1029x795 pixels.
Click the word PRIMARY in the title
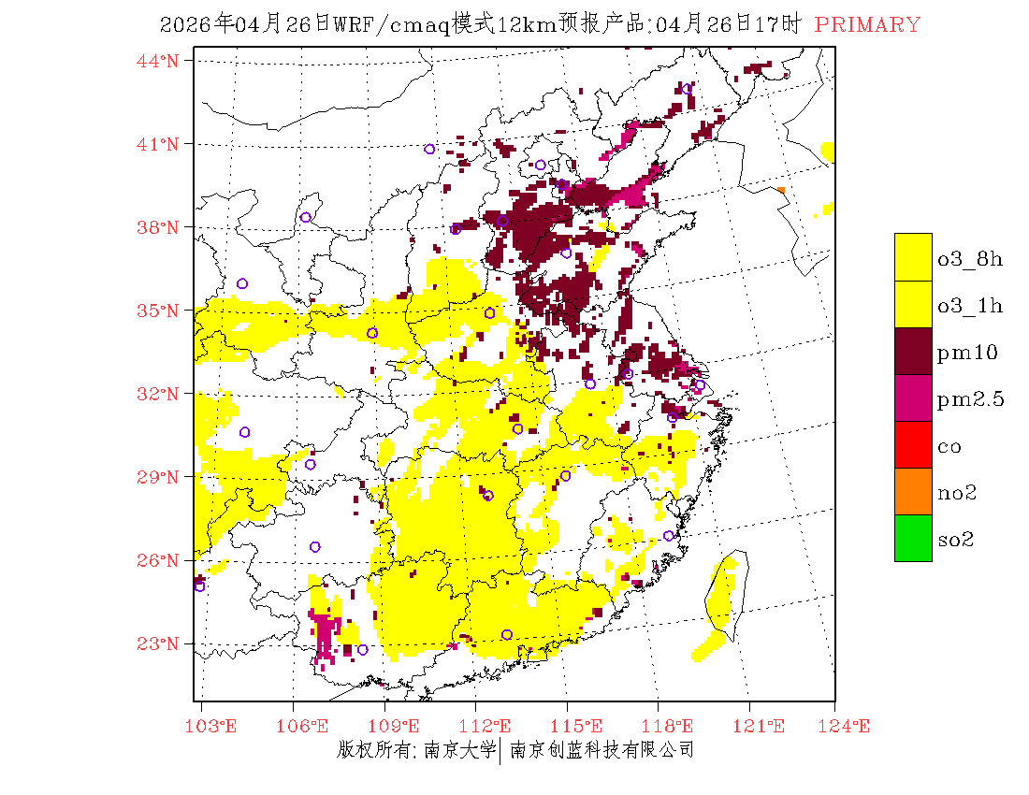(x=867, y=25)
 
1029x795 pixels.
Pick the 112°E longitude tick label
(x=490, y=726)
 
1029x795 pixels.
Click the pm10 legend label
(x=967, y=353)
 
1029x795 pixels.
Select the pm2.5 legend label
(x=971, y=399)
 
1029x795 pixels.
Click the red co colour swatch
(x=913, y=444)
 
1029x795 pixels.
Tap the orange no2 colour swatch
(x=913, y=491)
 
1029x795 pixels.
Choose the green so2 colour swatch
(x=913, y=538)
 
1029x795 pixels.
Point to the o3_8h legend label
(x=970, y=259)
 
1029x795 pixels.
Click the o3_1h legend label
(x=970, y=306)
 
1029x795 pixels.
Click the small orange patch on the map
(x=781, y=190)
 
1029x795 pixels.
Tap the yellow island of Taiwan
(x=722, y=594)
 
